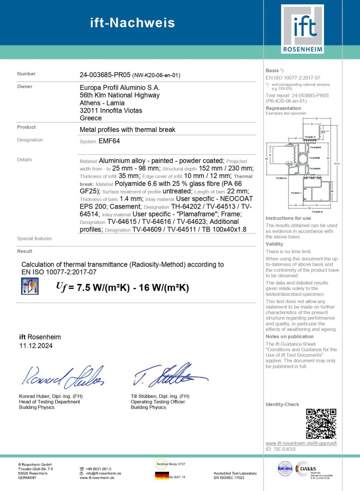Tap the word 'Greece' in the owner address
click(91, 118)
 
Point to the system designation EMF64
click(109, 141)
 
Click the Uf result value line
click(122, 287)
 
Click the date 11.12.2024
click(36, 345)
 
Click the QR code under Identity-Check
click(321, 423)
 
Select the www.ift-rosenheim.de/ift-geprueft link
click(301, 443)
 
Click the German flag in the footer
click(162, 475)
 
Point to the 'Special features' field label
click(34, 238)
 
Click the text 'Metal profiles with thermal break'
click(128, 129)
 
